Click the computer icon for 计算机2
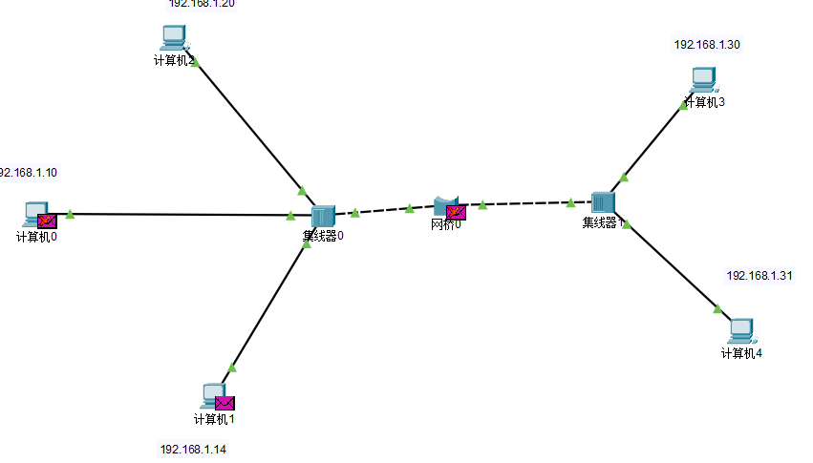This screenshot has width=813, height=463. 173,37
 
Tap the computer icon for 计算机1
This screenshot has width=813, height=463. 212,393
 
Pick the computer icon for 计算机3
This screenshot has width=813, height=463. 703,78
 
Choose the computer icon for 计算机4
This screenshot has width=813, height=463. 741,330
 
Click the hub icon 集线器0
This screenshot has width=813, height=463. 323,217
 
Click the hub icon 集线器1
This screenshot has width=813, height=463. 603,202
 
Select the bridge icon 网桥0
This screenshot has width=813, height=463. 442,206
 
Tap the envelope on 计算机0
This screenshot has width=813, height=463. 47,221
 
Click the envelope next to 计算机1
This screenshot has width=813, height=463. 225,403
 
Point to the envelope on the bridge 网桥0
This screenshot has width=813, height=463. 457,212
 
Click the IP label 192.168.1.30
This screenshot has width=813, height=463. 707,45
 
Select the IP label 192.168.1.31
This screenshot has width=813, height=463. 760,276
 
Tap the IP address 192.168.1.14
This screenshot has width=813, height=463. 193,449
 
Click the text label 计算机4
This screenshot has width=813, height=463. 741,353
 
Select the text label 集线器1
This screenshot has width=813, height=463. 603,223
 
